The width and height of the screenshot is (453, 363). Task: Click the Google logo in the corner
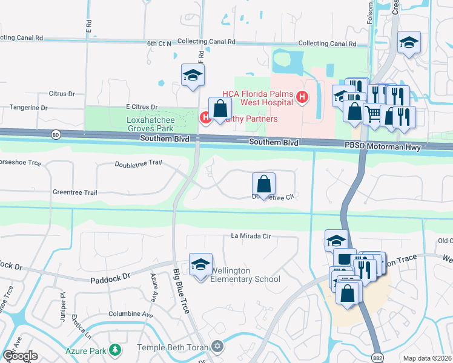[x=20, y=356]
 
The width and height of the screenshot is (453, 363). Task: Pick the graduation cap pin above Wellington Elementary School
[x=200, y=264]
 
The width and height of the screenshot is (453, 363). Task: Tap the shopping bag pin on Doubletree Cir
[x=263, y=183]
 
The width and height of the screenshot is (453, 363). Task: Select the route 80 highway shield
[x=56, y=134]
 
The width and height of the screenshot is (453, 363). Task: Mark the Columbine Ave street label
[x=130, y=315]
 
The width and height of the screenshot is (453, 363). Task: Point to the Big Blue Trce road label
[x=181, y=290]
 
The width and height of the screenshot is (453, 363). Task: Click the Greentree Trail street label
[x=74, y=192]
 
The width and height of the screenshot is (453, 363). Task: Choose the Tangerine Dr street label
[x=28, y=108]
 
